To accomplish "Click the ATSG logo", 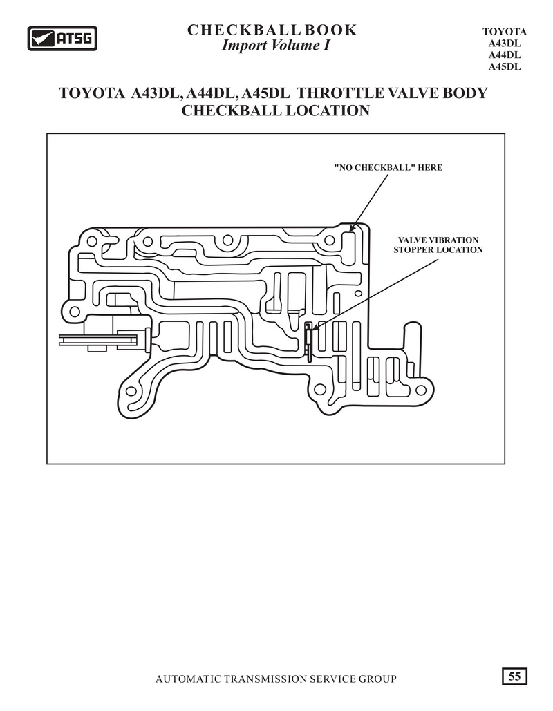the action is pos(62,38).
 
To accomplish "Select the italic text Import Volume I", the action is pos(275,46).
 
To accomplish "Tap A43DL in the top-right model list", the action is pos(505,44).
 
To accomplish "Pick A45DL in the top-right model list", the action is pos(505,67).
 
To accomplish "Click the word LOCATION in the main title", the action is pos(327,111).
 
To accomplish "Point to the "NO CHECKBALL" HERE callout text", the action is pos(388,167).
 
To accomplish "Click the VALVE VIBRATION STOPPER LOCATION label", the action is pos(438,245).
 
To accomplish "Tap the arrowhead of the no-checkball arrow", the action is pos(354,227).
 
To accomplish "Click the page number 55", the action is pos(514,676).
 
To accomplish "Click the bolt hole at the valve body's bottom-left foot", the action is pos(131,391).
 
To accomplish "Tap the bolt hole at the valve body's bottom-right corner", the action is pos(421,390).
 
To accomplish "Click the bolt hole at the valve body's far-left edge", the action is pos(73,312).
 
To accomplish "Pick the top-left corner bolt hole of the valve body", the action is pos(92,240).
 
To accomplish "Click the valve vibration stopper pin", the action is pos(308,342).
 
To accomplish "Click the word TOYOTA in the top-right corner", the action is pos(505,32).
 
